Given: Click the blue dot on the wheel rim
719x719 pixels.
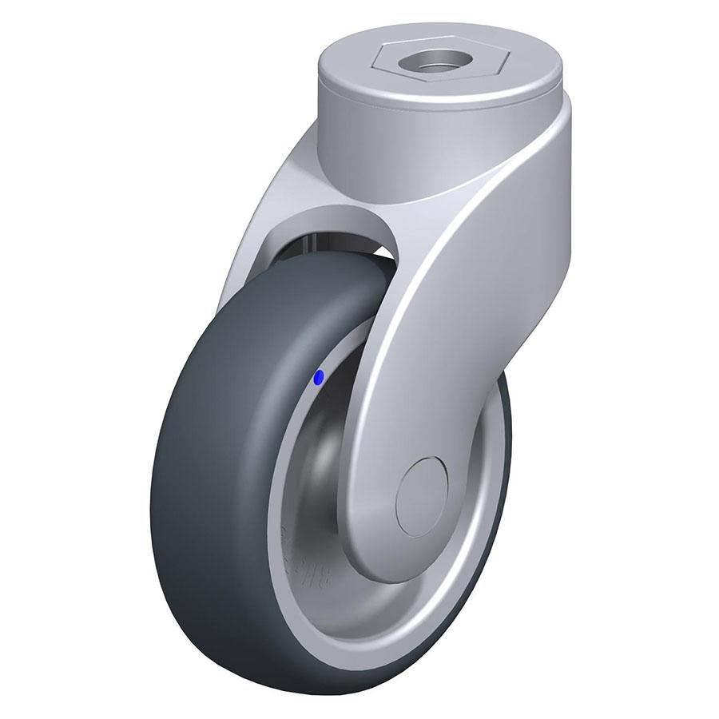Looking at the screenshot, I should (319, 379).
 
